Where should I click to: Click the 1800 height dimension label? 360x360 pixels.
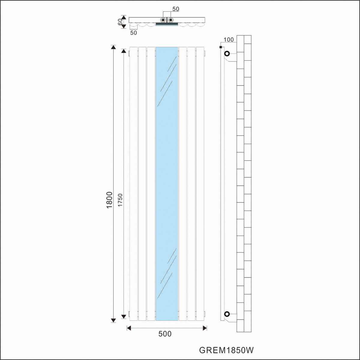pos(109,200)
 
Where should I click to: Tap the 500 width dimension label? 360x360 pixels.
pos(165,334)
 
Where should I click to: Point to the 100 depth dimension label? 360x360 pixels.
pos(229,40)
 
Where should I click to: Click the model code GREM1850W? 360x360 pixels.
pos(226,350)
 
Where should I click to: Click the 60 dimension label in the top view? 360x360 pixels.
pos(120,22)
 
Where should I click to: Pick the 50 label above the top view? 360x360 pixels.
pos(175,9)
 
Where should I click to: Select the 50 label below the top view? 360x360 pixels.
pos(133,33)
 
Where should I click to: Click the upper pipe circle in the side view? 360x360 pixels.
pos(227,54)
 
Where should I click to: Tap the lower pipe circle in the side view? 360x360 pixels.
pos(227,314)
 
